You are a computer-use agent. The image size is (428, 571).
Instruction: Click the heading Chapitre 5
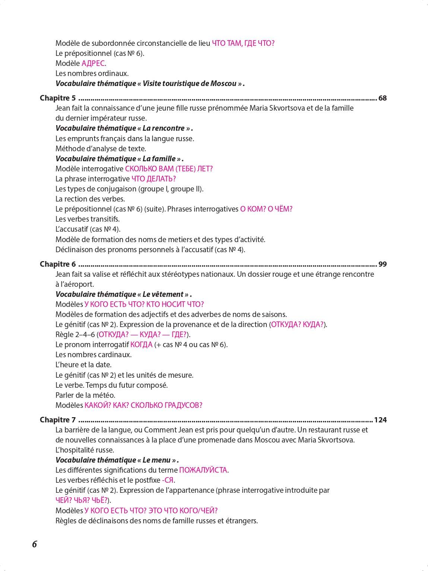pos(58,98)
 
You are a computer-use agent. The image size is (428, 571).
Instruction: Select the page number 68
pos(383,98)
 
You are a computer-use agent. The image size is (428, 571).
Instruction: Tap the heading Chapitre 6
pos(58,264)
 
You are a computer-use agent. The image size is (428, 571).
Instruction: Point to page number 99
pos(383,264)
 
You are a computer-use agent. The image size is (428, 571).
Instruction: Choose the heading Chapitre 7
pos(58,420)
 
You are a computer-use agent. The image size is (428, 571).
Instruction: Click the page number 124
pos(380,420)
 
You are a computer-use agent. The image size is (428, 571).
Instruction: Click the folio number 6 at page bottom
pos(35,544)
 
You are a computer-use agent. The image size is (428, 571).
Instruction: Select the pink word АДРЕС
pos(93,63)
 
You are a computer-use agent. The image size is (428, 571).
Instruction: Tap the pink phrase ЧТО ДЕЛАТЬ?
pos(153,179)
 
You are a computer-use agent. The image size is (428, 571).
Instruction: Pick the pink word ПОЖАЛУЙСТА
pos(203,470)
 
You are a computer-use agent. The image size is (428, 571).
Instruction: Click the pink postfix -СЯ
pos(168,480)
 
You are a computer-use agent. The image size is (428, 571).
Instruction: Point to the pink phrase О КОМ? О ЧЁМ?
pos(266,209)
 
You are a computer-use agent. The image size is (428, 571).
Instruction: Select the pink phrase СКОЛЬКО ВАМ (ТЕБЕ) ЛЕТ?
pos(169,169)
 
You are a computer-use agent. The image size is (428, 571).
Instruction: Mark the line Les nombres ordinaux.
pos(92,73)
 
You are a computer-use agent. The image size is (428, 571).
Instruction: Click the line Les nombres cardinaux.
pos(93,355)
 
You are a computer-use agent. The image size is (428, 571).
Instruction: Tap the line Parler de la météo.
pos(85,395)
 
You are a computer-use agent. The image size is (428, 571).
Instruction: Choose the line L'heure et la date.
pos(83,365)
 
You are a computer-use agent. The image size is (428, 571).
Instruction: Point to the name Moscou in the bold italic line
pos(223,83)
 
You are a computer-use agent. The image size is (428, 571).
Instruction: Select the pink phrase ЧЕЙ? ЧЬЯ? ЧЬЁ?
pos(82,500)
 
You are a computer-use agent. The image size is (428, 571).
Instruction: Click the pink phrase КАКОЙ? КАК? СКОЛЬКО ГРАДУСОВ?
pos(143,405)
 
